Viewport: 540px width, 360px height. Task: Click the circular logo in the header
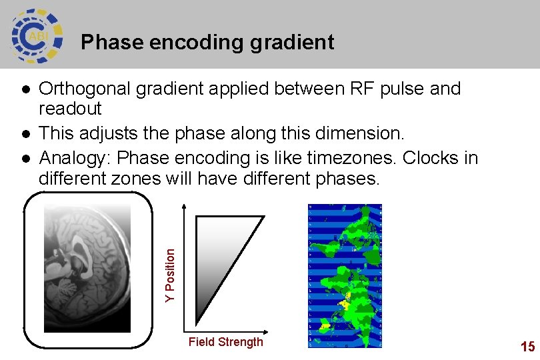click(37, 35)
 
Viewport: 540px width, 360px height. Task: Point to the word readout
click(70, 108)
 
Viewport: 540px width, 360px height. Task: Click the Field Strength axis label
click(225, 342)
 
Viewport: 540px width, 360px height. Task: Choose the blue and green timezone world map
click(345, 275)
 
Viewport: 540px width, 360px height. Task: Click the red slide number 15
click(527, 346)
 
